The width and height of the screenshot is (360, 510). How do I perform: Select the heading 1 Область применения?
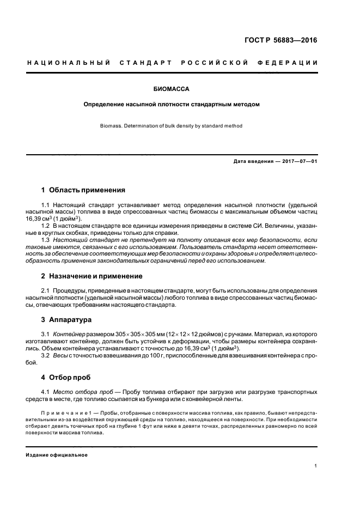[83, 190]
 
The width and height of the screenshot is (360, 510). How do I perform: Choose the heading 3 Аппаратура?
[67, 319]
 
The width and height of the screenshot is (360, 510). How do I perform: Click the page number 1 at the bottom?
[316, 465]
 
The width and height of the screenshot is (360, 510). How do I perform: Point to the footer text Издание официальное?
[57, 454]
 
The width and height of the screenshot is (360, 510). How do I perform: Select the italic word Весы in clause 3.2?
[61, 355]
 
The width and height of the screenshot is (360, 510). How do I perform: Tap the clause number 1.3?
[46, 240]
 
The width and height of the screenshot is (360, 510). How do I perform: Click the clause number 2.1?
[46, 290]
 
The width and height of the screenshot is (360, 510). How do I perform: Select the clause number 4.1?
[46, 392]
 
